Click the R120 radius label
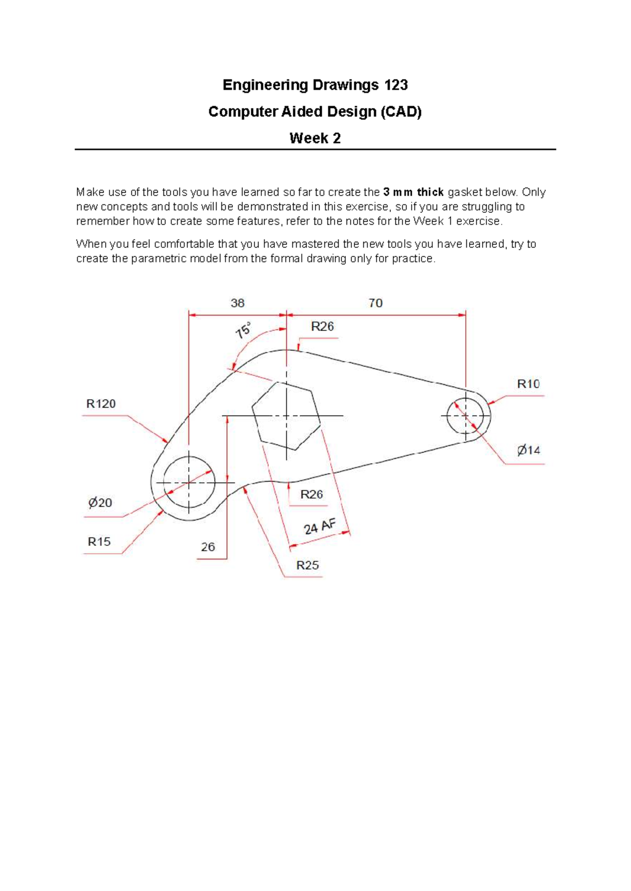101,404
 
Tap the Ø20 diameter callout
100,503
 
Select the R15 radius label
99,542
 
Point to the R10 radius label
528,384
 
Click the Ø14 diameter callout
528,450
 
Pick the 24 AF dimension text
319,526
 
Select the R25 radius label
308,565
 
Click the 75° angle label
243,330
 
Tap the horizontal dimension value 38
237,303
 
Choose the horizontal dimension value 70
375,303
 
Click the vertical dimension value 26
208,547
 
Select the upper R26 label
322,327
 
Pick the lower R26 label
311,494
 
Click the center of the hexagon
286,416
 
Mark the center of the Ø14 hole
466,416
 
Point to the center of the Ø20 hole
189,482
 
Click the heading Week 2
315,139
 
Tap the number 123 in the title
396,85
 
